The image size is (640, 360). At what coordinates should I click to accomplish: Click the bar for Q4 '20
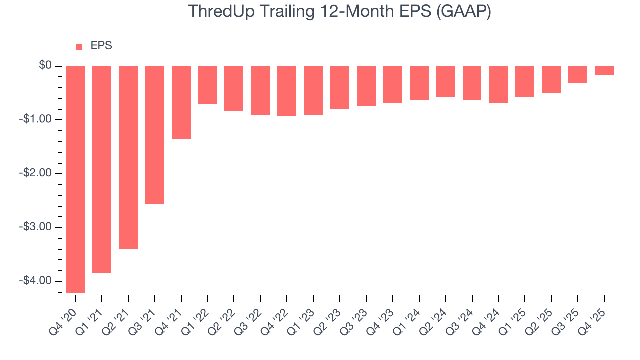point(75,179)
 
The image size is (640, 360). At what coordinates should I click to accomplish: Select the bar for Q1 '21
point(102,170)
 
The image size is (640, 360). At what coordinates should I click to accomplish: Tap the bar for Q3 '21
point(155,135)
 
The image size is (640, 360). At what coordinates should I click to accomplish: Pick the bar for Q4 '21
point(181,102)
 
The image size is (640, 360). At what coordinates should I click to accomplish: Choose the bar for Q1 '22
point(208,85)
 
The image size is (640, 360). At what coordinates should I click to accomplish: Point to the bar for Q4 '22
point(287,91)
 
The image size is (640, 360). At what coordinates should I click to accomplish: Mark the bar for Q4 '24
point(498,85)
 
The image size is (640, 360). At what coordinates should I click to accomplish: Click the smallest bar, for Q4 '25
point(604,70)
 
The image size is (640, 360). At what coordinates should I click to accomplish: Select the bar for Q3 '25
point(578,74)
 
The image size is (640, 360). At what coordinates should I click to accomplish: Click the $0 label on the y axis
point(46,66)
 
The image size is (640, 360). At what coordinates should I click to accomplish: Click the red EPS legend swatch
point(79,47)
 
